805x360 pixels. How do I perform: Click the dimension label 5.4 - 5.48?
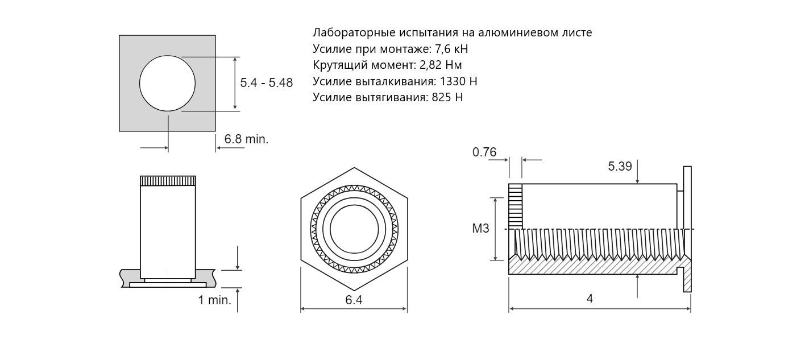point(266,83)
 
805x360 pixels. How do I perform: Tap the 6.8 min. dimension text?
point(246,139)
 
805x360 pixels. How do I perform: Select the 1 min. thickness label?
point(214,300)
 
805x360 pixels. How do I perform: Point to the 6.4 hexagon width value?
point(354,300)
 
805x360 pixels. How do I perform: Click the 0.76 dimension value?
point(484,152)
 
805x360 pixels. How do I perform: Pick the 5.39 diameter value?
point(620,167)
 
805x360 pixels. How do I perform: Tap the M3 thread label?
point(480,229)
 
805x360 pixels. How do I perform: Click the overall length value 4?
point(590,299)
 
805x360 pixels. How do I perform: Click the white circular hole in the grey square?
point(167,83)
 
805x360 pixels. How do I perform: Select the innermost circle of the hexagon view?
point(354,229)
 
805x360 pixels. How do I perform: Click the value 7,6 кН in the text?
point(451,49)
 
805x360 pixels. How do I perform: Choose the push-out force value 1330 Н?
point(458,81)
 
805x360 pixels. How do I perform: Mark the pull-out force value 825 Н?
point(447,97)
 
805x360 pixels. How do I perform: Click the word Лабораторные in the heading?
point(348,33)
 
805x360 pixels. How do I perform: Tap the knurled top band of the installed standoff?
point(168,181)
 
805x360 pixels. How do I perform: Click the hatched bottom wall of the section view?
point(591,267)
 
